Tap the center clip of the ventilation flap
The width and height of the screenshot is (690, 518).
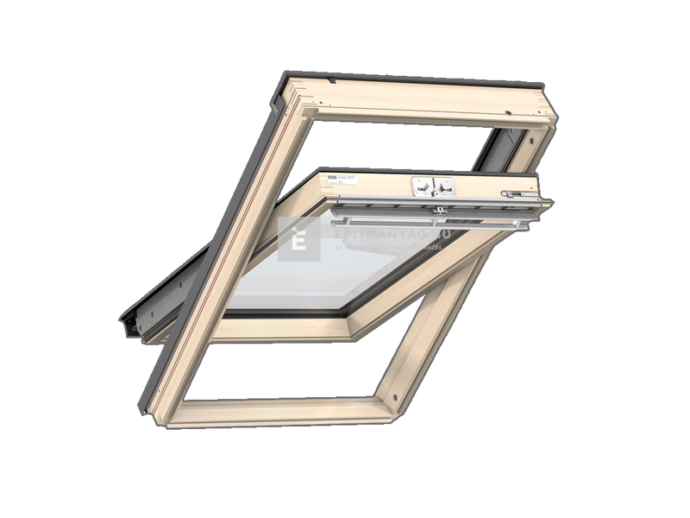[440, 210]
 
